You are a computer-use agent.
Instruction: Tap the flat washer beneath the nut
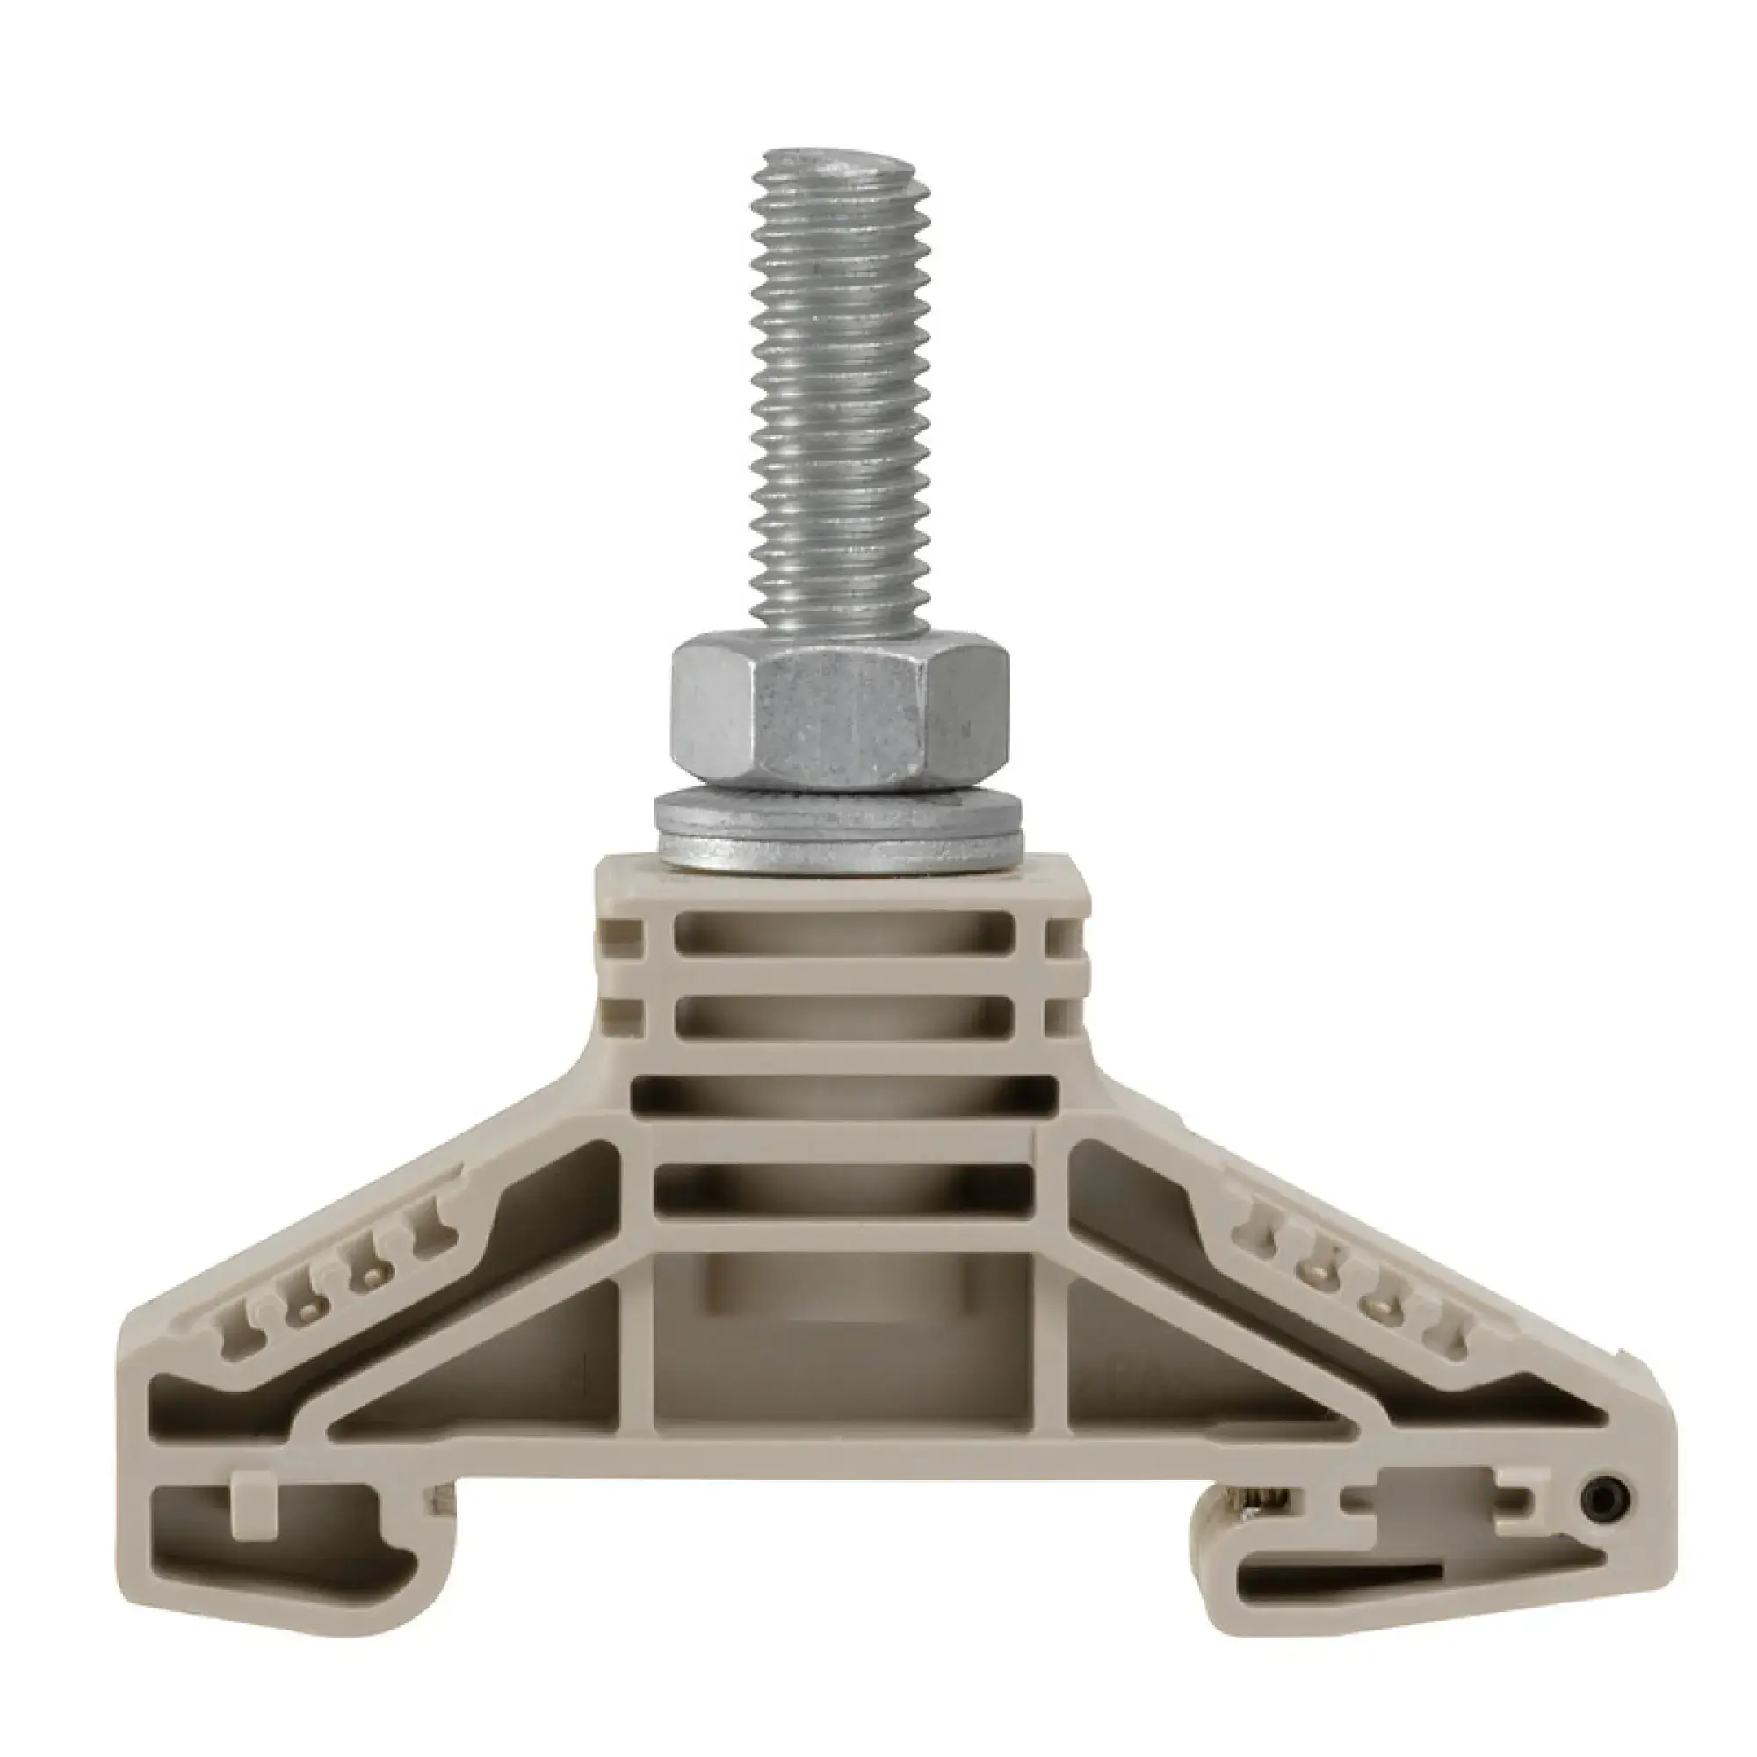(842, 829)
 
